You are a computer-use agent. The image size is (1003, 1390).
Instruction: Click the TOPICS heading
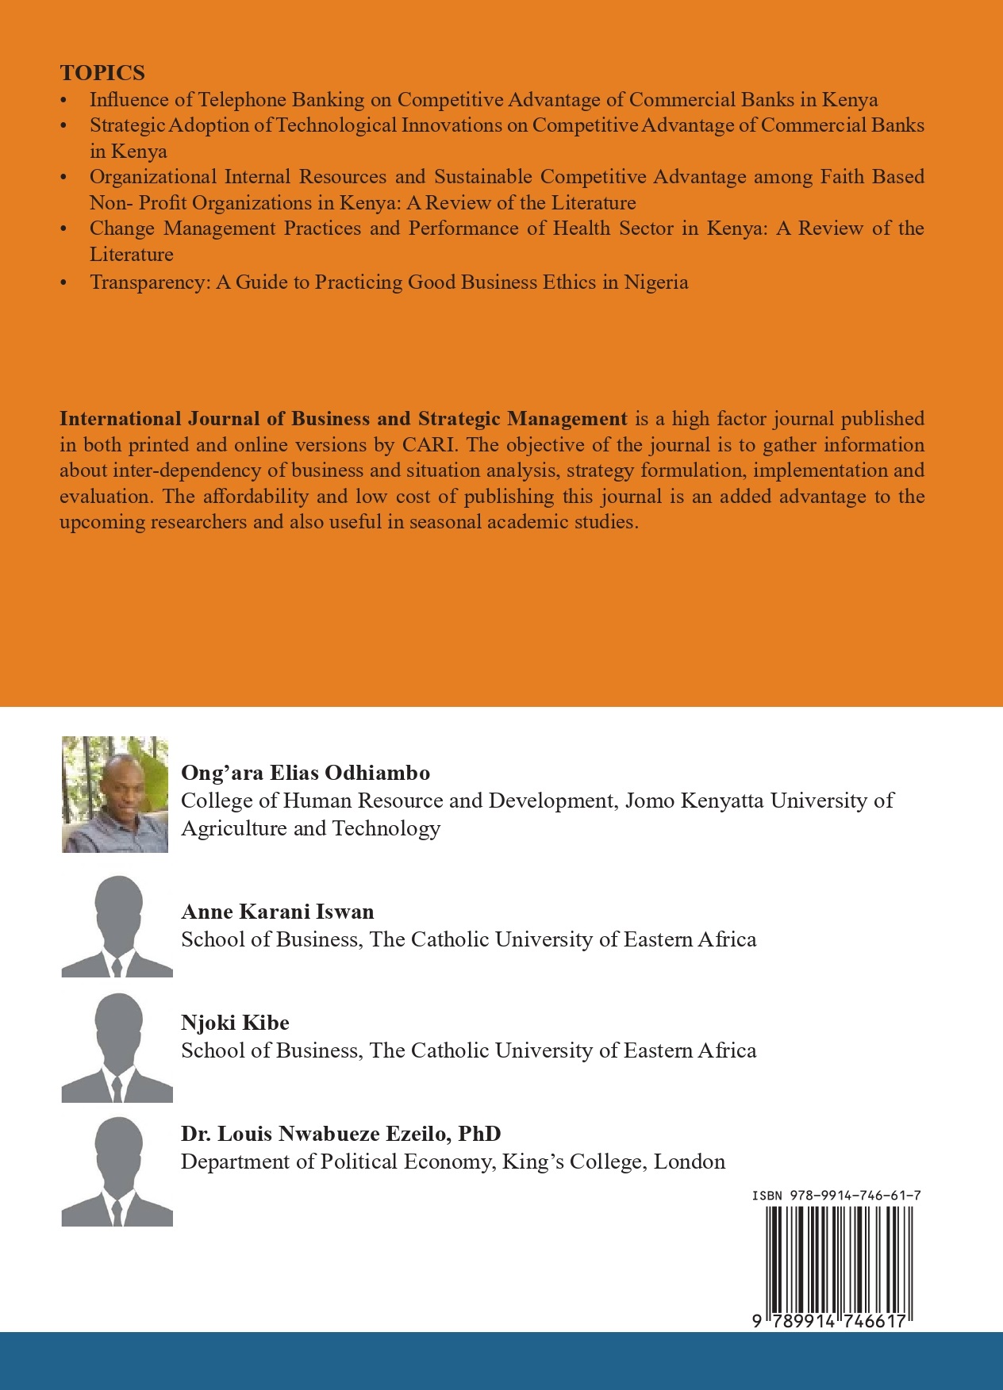pos(102,73)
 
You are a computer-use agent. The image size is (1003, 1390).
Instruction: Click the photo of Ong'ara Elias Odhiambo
pos(115,794)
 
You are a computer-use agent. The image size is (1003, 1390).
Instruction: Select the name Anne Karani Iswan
pos(277,912)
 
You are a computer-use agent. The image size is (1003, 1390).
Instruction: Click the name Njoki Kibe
pos(235,1023)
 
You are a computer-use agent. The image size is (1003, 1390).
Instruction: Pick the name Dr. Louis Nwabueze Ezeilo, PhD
pos(340,1134)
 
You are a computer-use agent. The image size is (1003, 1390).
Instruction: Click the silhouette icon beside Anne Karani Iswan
pos(117,926)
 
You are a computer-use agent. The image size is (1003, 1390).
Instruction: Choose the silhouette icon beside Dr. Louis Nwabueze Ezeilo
pos(117,1172)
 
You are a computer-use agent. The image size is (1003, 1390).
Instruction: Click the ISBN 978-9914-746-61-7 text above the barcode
pos(836,1195)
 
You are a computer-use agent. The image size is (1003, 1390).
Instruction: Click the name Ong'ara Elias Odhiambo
pos(306,773)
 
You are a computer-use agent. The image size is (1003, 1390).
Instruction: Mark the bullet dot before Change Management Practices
pos(64,230)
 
